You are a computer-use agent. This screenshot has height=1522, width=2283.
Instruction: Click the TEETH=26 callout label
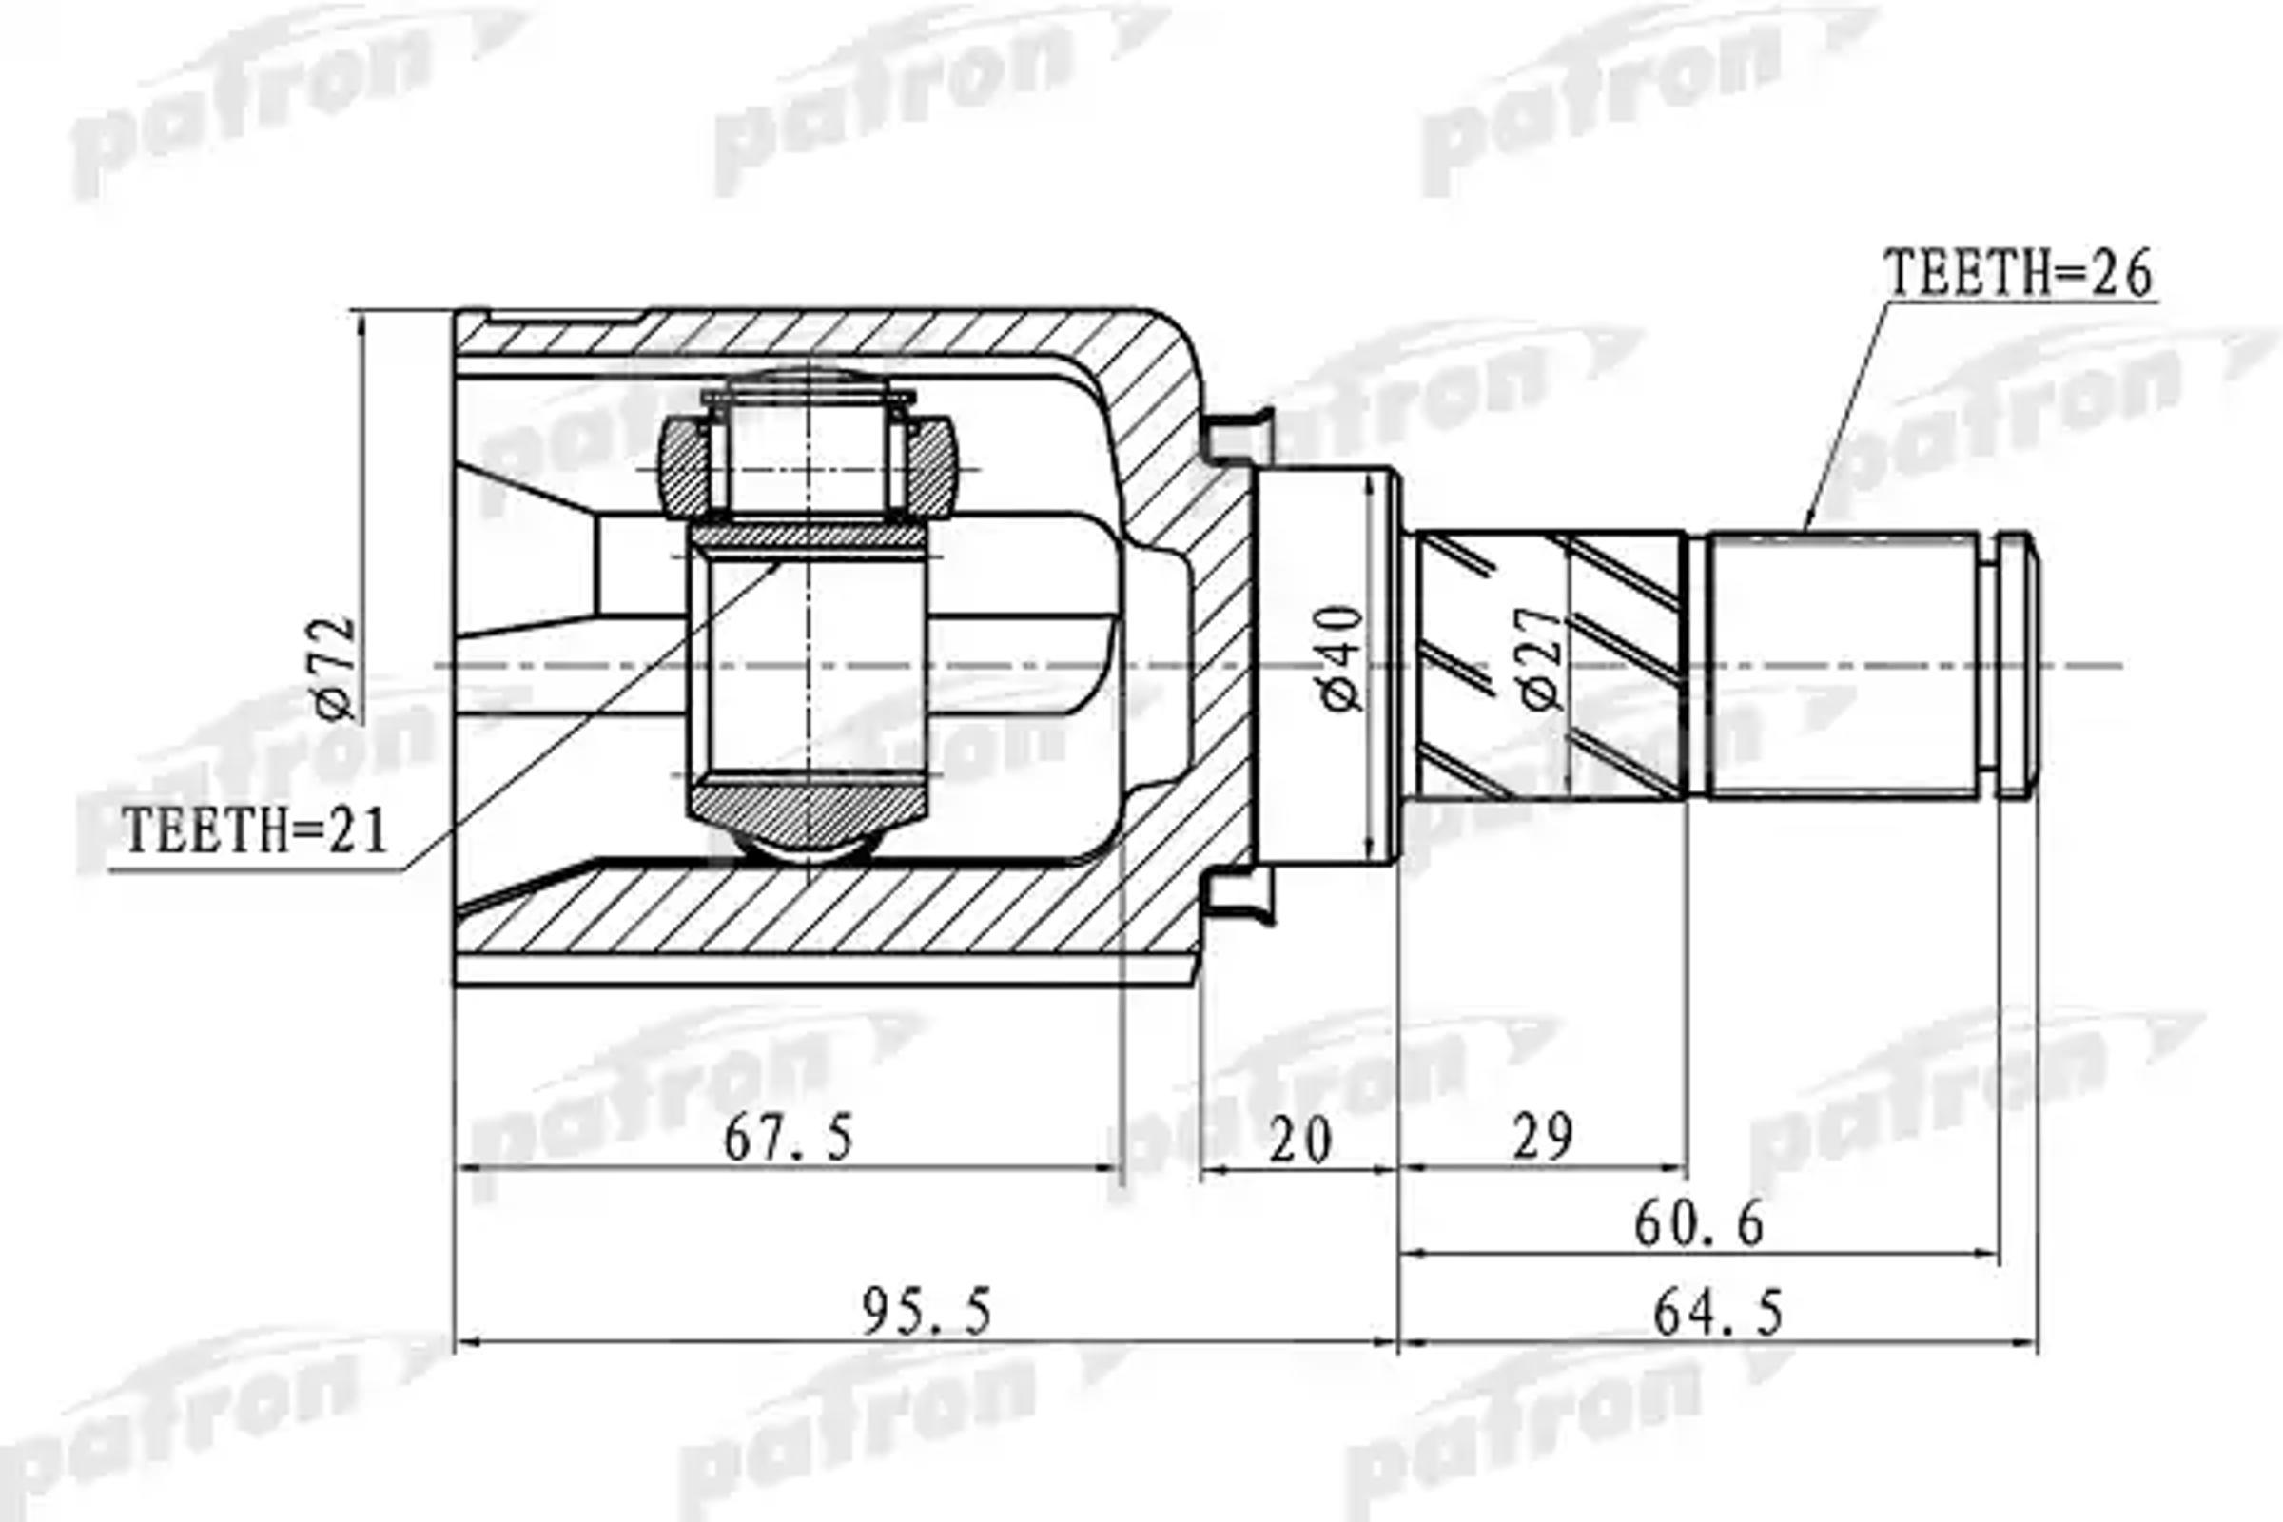tap(2018, 274)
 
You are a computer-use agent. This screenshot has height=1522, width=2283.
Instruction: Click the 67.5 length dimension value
tap(789, 1138)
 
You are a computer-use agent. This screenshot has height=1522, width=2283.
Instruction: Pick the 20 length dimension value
tap(1299, 1140)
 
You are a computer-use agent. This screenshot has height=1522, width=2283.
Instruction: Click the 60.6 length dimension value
tap(1698, 1224)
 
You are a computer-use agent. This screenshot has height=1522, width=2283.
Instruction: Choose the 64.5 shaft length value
tap(1718, 1314)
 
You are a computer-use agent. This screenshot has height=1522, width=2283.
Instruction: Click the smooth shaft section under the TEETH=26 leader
tap(1843, 666)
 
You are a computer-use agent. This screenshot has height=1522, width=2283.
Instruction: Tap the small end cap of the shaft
tap(2017, 666)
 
